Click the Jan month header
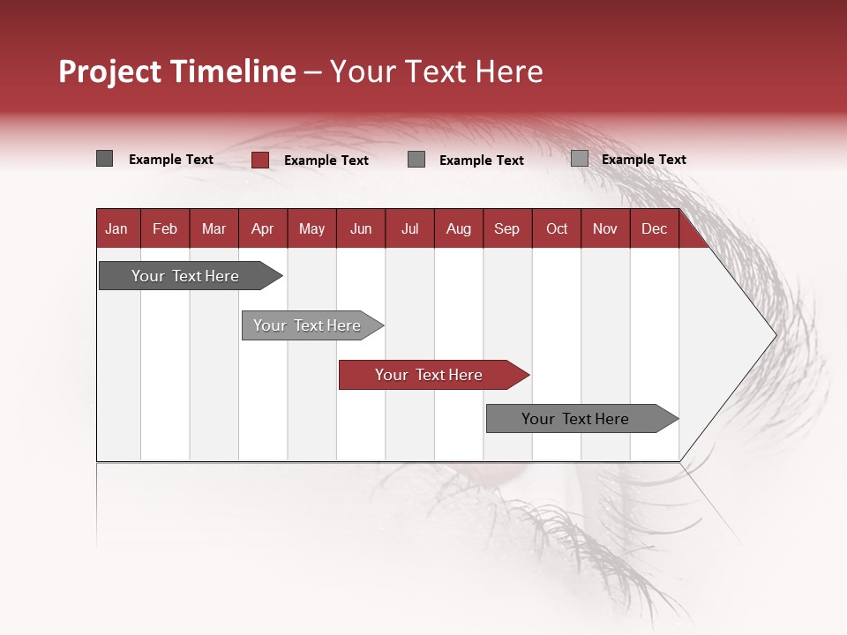(x=116, y=229)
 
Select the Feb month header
(x=165, y=229)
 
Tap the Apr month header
(x=262, y=229)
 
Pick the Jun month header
(x=361, y=229)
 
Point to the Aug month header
(x=458, y=229)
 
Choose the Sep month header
(x=506, y=229)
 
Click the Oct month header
(x=557, y=229)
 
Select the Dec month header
(x=654, y=229)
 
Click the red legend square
(x=259, y=160)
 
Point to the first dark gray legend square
(x=104, y=159)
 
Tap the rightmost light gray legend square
(x=579, y=159)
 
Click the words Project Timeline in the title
(x=176, y=71)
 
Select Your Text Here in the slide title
(x=436, y=71)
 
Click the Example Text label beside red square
(x=326, y=161)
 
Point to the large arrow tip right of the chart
(x=759, y=335)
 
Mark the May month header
(x=311, y=229)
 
